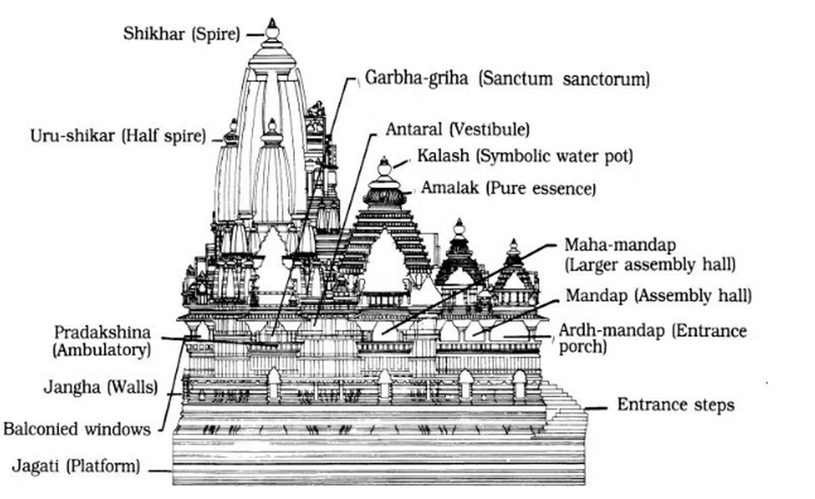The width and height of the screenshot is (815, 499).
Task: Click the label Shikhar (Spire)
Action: (182, 34)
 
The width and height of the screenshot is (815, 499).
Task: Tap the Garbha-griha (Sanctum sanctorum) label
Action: (507, 78)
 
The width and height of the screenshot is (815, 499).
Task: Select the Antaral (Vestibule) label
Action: (458, 130)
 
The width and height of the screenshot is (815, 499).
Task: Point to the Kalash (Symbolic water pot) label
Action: (525, 156)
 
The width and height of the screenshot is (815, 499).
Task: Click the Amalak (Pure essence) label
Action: (508, 188)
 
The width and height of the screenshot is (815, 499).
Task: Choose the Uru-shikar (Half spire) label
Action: (118, 136)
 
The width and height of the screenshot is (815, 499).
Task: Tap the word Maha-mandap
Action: (620, 245)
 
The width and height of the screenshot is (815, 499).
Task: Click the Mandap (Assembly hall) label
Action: (659, 296)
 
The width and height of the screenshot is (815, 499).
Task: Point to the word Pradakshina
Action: (102, 332)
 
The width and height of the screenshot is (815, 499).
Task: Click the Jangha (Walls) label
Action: (101, 387)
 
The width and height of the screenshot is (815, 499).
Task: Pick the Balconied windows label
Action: (77, 429)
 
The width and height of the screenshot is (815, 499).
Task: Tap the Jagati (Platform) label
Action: (76, 466)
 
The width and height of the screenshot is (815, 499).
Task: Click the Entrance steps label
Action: (676, 405)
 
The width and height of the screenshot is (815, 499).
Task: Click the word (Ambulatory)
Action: (102, 350)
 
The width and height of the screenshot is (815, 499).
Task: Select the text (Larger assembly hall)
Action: (650, 264)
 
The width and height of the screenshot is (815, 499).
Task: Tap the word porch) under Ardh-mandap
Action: (583, 347)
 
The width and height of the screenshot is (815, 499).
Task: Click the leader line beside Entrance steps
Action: (595, 409)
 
